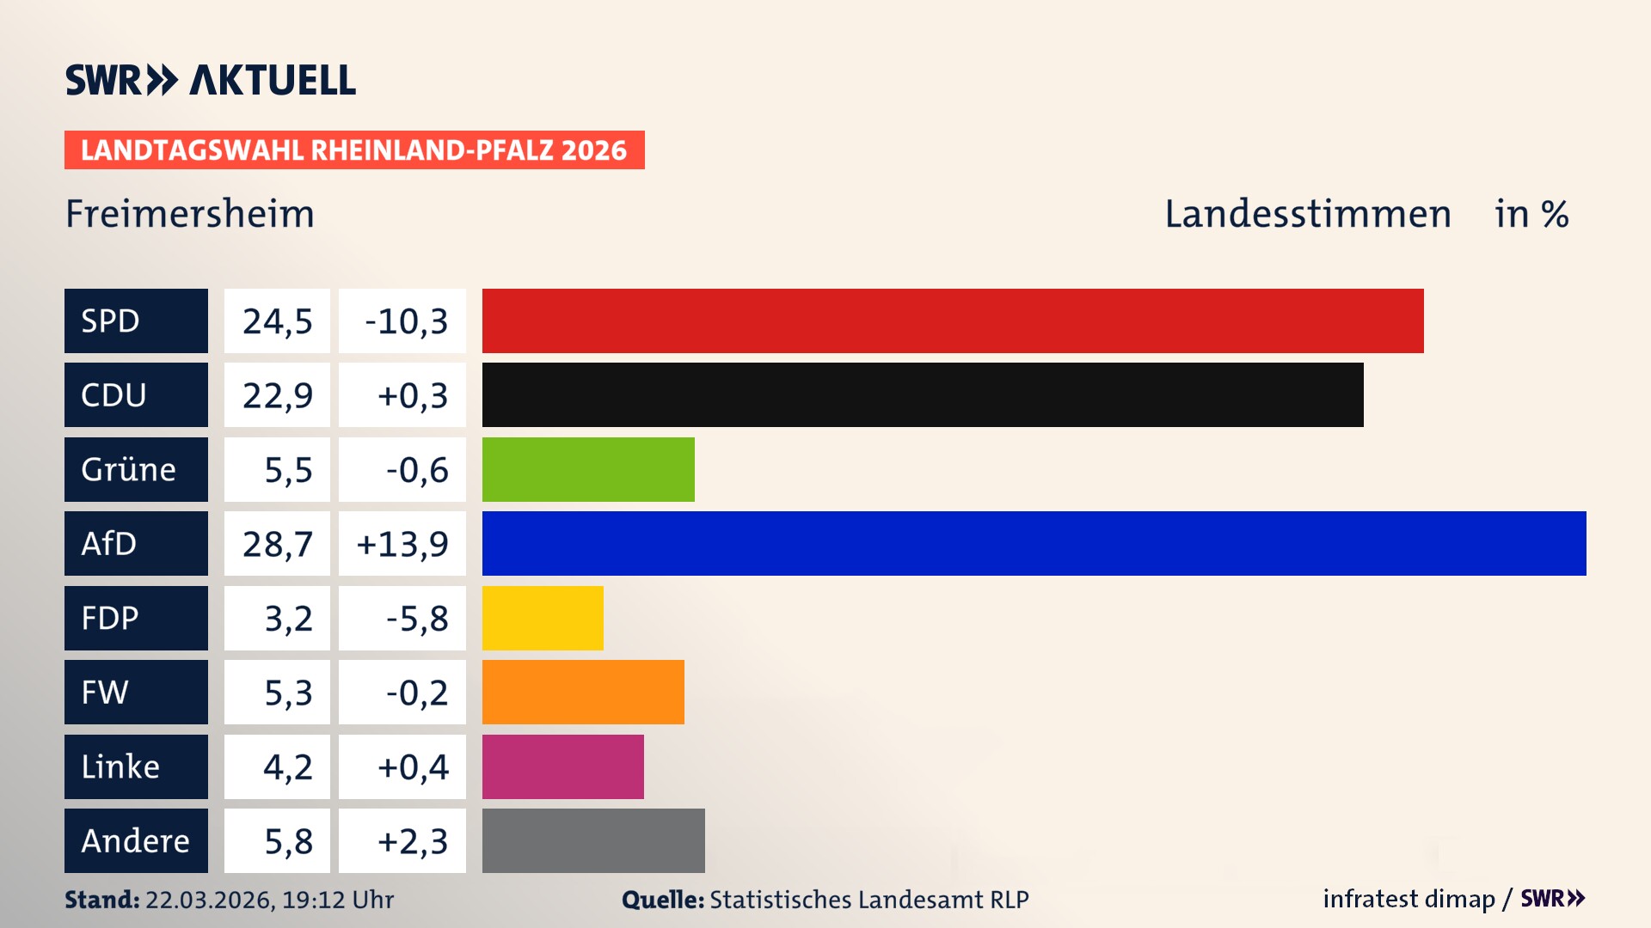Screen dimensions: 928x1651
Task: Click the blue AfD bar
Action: [x=1034, y=543]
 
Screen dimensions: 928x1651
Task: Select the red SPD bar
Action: [x=953, y=321]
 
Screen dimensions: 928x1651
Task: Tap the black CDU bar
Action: [x=923, y=394]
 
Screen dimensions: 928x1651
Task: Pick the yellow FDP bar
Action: [x=543, y=618]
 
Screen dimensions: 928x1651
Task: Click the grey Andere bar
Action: [x=593, y=840]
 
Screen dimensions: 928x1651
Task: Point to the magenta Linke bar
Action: [x=562, y=766]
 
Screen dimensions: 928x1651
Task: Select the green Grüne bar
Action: [x=588, y=469]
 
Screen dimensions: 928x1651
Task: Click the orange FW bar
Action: [x=583, y=692]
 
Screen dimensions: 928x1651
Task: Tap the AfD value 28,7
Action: [x=277, y=543]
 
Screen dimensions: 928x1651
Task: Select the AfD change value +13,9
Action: [x=402, y=543]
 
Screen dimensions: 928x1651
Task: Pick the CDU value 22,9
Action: [x=277, y=394]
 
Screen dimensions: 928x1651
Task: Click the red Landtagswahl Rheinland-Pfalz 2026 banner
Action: [x=354, y=150]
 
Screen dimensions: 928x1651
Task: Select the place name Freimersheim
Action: [x=190, y=213]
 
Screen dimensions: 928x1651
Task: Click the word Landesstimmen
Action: [x=1307, y=213]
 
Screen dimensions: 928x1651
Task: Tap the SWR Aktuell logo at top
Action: [x=211, y=80]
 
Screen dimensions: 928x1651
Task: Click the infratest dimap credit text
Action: [x=1409, y=899]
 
